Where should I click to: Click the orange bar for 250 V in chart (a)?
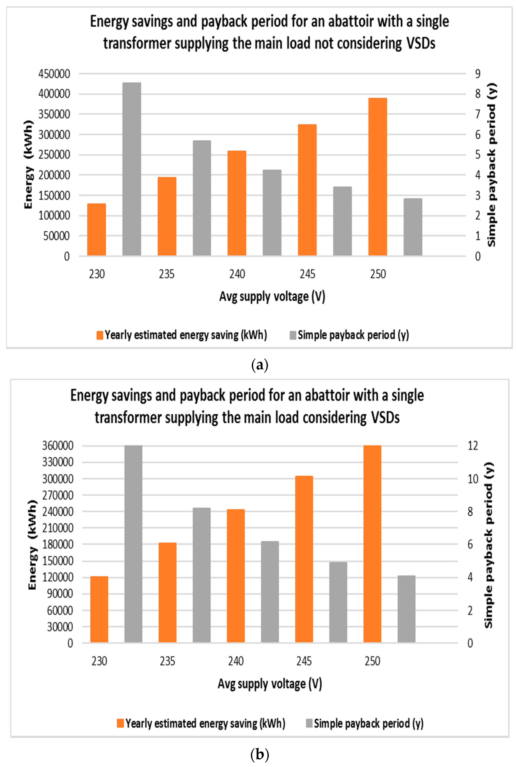(x=377, y=177)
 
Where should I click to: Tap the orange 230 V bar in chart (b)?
(x=99, y=609)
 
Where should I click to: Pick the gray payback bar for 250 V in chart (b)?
(x=406, y=609)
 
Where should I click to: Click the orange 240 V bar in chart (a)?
(x=237, y=203)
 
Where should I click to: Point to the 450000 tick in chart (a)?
(x=54, y=74)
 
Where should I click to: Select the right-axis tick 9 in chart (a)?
(x=477, y=74)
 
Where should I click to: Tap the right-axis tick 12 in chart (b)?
(x=473, y=446)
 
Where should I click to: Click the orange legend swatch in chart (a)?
(x=100, y=335)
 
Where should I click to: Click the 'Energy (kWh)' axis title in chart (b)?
(x=32, y=545)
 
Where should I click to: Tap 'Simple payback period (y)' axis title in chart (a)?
(x=492, y=164)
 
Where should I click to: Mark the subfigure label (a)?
(x=260, y=365)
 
